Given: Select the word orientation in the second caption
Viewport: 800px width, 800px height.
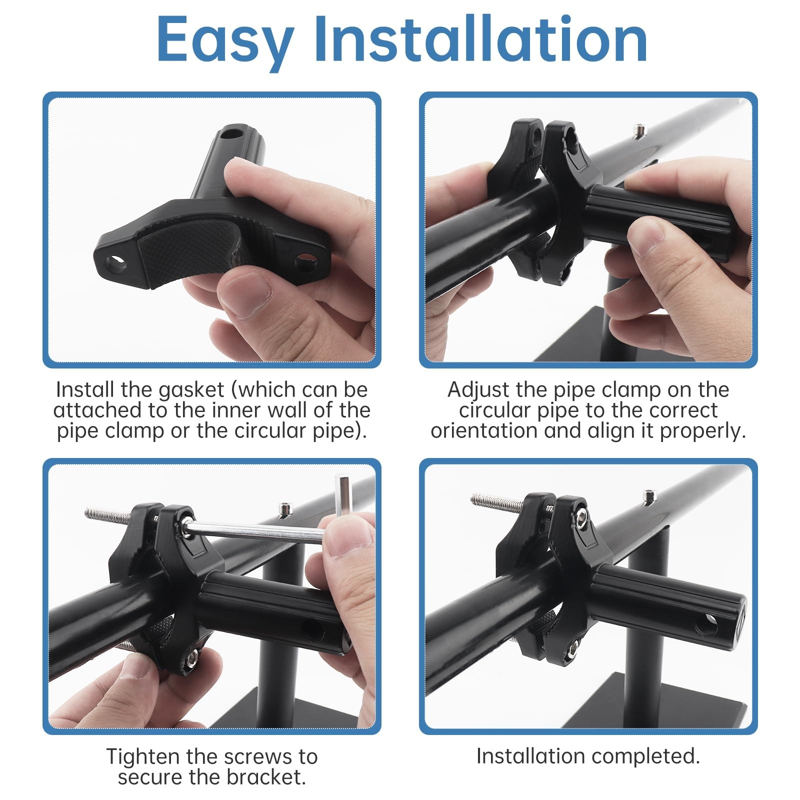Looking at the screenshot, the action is pos(483,431).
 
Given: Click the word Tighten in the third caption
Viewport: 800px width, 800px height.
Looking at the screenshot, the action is pos(142,757).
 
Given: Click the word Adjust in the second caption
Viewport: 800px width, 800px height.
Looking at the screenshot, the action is pos(479,390).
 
